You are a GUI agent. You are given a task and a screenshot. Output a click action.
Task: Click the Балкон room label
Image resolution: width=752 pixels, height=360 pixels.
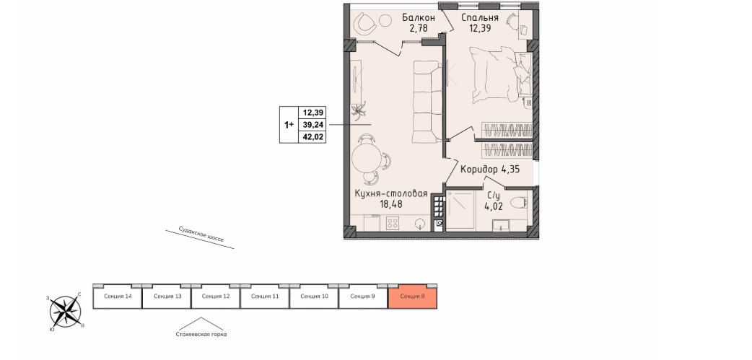tap(418, 18)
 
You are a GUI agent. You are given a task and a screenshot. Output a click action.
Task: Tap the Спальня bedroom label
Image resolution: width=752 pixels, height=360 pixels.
tap(480, 18)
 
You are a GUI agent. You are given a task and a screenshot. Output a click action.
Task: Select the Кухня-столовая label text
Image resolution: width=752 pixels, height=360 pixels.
tap(391, 193)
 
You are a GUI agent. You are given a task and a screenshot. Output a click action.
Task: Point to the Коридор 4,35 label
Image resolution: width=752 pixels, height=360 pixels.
tap(490, 169)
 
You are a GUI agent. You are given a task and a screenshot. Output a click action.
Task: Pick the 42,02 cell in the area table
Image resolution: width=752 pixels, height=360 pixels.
tap(312, 136)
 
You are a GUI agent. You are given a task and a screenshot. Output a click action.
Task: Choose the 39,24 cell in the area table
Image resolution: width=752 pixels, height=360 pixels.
tap(312, 125)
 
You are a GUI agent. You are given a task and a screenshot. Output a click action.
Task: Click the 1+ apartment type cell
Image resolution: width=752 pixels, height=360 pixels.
tap(289, 125)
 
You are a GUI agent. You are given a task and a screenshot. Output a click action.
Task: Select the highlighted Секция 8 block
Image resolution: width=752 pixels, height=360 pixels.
tap(413, 297)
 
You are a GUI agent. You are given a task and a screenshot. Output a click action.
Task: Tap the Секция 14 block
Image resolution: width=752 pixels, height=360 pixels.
tap(118, 297)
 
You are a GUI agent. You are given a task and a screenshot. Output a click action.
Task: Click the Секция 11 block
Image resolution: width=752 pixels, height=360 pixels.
tap(265, 297)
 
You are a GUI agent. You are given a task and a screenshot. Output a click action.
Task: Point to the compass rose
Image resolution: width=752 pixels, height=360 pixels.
tap(66, 311)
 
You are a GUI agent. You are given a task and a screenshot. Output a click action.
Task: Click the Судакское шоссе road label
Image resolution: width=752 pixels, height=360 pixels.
tap(201, 234)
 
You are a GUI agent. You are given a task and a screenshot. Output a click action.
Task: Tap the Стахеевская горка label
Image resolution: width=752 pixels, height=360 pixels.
tap(201, 335)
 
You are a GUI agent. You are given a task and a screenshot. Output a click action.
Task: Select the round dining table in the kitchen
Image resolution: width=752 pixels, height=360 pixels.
tap(366, 158)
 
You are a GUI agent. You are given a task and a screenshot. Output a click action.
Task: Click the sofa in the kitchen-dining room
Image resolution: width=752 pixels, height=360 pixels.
tap(427, 102)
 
